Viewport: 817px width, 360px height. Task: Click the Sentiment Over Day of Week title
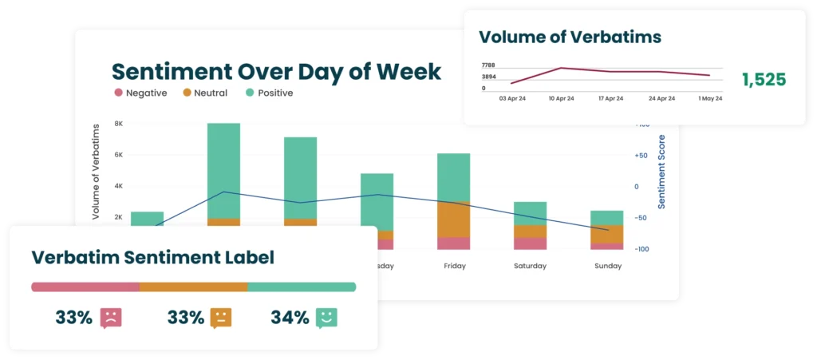[276, 71]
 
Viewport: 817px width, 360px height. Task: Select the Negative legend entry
[140, 93]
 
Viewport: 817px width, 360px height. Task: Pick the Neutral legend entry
[205, 93]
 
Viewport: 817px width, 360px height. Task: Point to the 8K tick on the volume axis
[118, 124]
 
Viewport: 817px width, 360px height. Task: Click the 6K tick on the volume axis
[118, 155]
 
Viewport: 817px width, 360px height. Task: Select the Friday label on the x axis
[454, 266]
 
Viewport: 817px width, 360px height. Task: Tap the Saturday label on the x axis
[530, 266]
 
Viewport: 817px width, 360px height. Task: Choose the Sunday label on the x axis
[607, 266]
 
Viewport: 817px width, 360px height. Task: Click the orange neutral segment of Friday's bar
[453, 220]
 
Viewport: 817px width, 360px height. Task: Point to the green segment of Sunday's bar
[606, 218]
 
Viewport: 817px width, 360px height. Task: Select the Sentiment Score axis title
[662, 172]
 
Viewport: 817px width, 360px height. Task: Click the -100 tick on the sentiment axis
[643, 249]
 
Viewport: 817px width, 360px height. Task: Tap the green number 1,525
[764, 80]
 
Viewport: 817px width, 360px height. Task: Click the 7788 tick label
[489, 65]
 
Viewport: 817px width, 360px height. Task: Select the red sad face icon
[110, 318]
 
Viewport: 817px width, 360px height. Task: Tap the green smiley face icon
[326, 318]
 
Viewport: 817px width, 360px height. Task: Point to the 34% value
[290, 318]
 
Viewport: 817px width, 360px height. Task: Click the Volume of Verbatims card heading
[570, 37]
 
